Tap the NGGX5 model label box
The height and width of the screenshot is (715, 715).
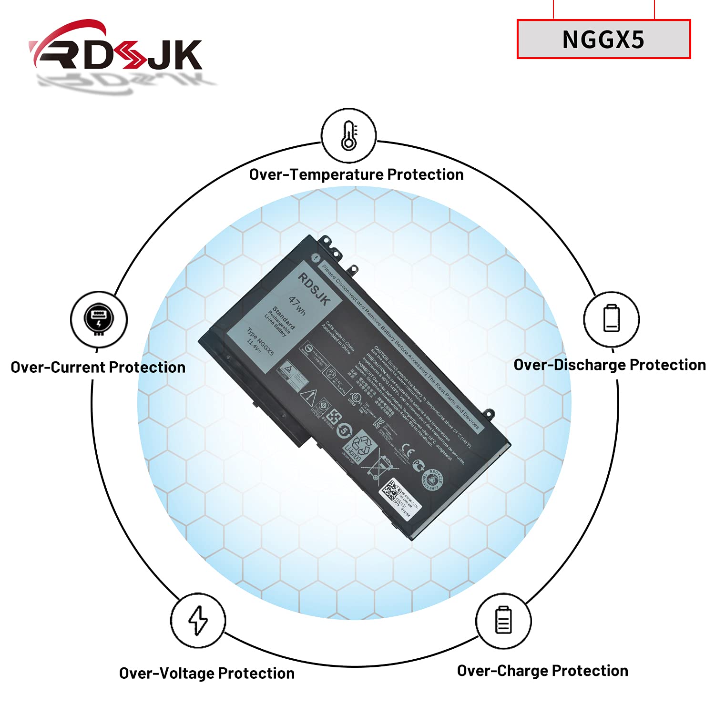click(603, 40)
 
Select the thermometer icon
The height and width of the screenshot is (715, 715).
click(349, 136)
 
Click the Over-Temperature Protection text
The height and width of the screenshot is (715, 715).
click(356, 174)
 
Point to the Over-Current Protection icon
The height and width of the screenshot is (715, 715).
click(99, 319)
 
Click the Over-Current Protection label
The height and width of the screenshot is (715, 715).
click(98, 367)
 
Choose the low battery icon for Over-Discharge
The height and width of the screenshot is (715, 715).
click(612, 318)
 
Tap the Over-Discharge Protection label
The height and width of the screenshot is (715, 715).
click(610, 365)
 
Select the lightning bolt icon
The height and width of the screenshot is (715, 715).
click(198, 620)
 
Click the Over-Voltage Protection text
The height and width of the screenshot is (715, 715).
click(207, 673)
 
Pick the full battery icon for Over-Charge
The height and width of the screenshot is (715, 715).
click(503, 620)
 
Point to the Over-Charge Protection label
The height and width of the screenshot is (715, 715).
click(542, 671)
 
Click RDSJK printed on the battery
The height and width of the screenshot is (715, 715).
click(314, 289)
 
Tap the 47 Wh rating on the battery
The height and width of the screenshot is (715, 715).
click(297, 306)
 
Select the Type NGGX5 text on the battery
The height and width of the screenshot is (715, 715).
click(260, 341)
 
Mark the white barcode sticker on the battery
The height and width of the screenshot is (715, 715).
click(400, 496)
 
